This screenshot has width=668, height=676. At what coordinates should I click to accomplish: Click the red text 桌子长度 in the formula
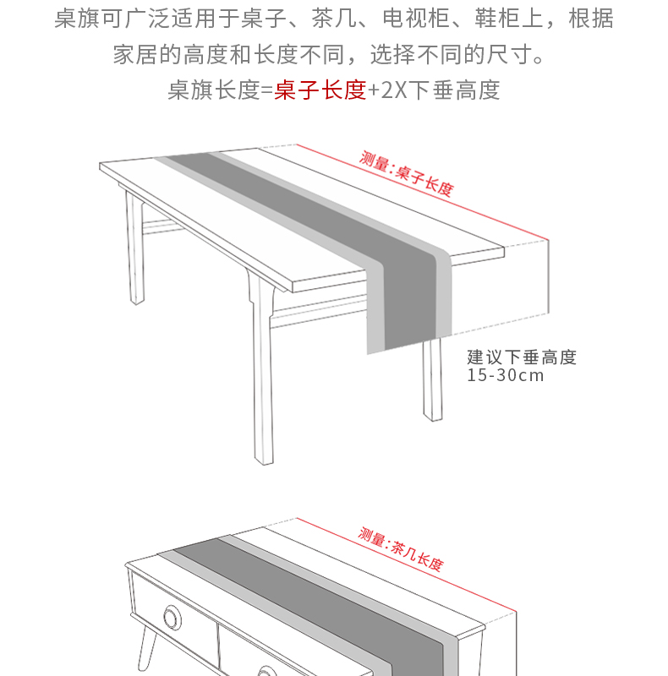click(x=320, y=90)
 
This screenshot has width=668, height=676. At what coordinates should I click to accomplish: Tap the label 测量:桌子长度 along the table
click(x=407, y=172)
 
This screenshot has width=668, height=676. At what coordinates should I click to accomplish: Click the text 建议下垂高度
click(x=521, y=357)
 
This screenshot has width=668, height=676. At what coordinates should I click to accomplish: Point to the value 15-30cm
click(x=505, y=375)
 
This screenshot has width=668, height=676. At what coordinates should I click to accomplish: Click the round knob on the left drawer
click(x=172, y=619)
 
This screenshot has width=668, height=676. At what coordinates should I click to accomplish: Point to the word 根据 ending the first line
click(x=591, y=19)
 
